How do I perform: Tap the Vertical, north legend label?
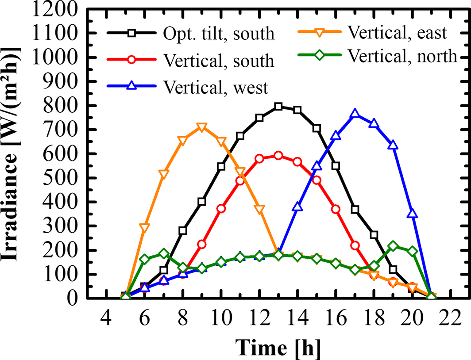coord(402,56)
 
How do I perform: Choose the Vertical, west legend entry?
coord(215,87)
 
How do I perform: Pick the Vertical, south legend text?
coord(218,61)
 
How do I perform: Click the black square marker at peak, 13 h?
coord(278,107)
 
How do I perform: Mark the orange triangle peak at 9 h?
coord(202,127)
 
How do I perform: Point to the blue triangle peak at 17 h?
coord(355,115)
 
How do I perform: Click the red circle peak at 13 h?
coord(278,156)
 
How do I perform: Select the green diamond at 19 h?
coord(393,246)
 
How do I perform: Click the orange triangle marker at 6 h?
coord(144,228)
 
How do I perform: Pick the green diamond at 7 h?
coord(163,254)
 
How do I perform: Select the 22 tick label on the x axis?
coord(450,318)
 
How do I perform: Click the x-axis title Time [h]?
coord(278,348)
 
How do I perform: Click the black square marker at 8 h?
coord(183,231)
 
